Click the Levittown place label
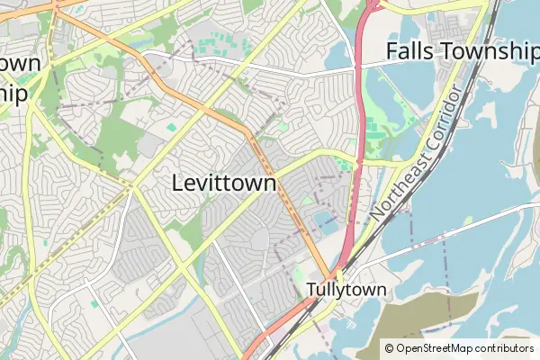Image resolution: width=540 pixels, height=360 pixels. pyautogui.click(x=223, y=183)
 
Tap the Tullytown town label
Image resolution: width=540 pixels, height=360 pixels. pyautogui.click(x=346, y=290)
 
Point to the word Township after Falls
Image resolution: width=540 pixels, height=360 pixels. pyautogui.click(x=490, y=51)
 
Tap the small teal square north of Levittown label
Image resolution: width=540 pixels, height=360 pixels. pyautogui.click(x=171, y=128)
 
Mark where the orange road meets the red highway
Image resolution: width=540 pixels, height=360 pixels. pyautogui.click(x=334, y=273)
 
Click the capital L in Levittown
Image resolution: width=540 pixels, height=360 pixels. pyautogui.click(x=178, y=183)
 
